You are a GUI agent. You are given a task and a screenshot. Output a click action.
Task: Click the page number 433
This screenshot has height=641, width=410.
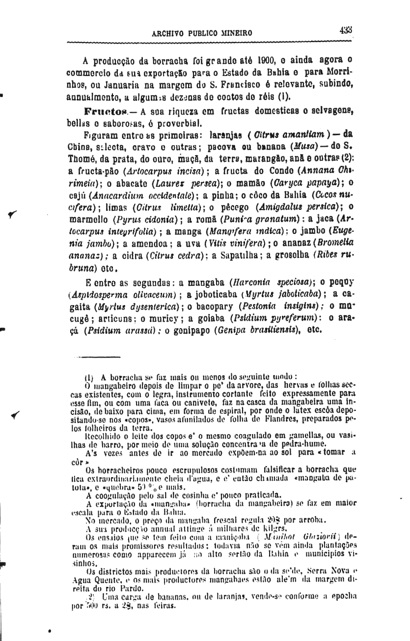click(x=346, y=30)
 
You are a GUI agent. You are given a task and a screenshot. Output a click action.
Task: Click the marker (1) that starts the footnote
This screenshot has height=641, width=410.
click(x=88, y=377)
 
